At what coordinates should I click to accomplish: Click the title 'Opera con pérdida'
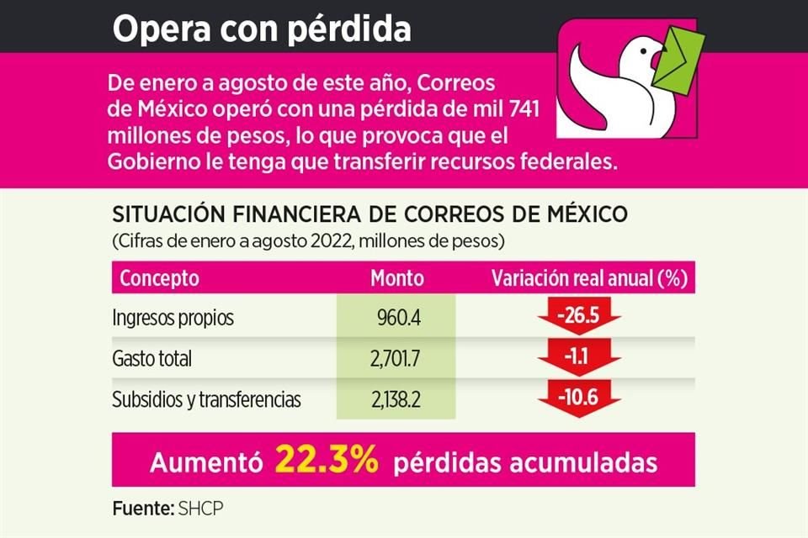tap(262, 29)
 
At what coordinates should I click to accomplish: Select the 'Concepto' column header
tap(160, 278)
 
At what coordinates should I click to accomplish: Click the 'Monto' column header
tap(397, 278)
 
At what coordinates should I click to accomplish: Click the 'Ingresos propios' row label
tap(173, 319)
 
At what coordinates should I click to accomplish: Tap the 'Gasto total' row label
tap(152, 359)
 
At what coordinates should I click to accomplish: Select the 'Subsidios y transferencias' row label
tap(207, 399)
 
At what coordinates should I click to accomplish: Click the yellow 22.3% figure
tap(325, 461)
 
